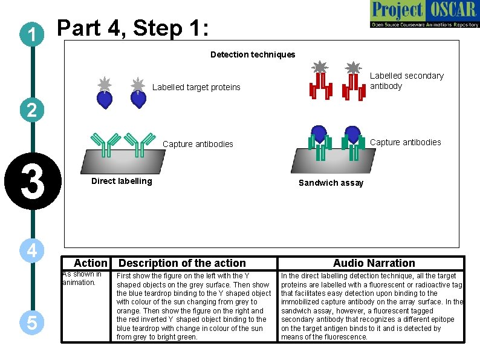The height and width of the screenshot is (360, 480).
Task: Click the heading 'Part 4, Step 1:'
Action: [132, 28]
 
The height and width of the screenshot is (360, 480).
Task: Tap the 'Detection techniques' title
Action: [253, 54]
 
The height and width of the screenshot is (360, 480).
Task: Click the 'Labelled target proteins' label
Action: [196, 87]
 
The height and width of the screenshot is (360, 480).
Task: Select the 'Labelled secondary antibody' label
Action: [406, 80]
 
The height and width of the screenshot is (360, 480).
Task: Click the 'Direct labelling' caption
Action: [122, 181]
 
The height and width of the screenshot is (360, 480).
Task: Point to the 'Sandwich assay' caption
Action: [331, 183]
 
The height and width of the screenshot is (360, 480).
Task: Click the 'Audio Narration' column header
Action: [374, 263]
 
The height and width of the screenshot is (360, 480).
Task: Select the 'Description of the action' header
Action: [182, 263]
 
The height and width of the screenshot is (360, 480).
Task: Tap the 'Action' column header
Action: [90, 263]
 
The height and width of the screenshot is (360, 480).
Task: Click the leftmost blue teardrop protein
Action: [105, 99]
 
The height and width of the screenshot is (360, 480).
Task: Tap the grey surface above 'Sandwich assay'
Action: [332, 163]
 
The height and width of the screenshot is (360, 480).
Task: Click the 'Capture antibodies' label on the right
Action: [405, 142]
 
